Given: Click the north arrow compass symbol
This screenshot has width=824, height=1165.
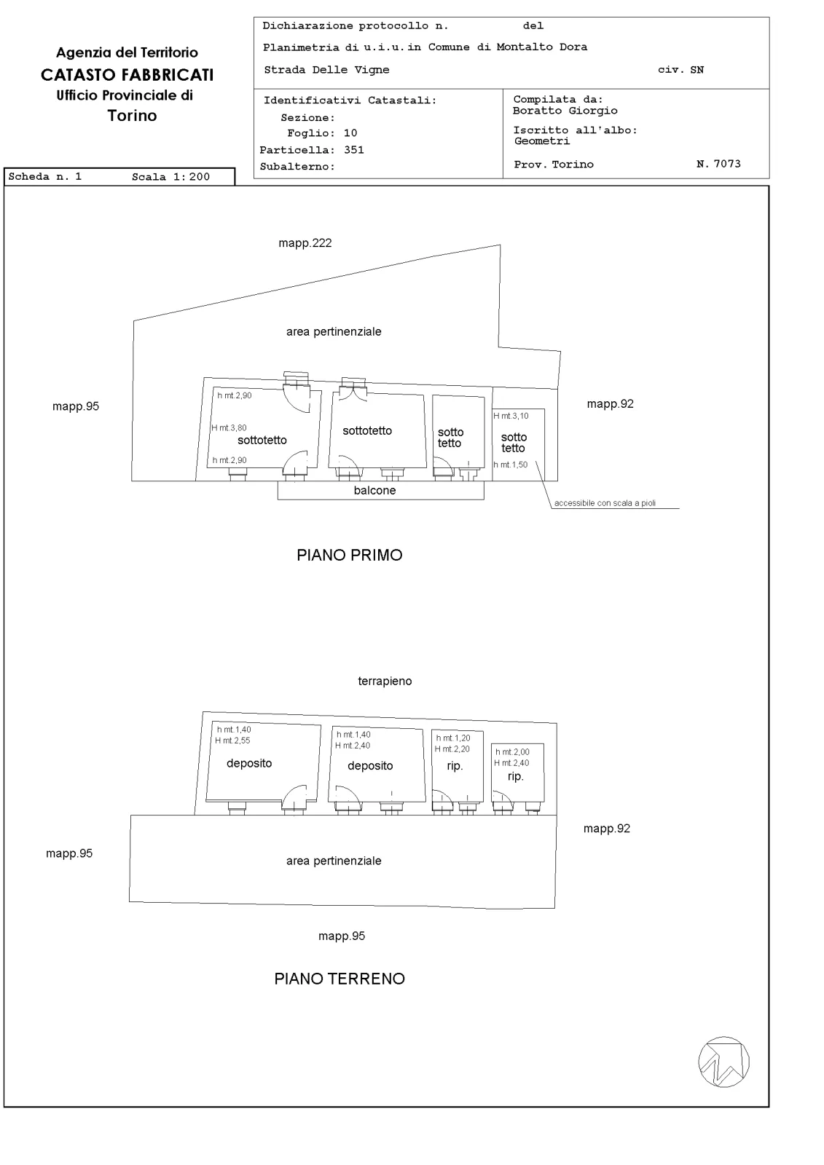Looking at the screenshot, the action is click(723, 1062).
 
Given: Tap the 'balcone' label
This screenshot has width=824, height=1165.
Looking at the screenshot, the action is click(374, 491).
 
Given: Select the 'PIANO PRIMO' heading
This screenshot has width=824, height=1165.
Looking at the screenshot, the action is click(349, 555).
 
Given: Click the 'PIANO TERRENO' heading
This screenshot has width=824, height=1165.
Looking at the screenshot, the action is click(340, 979).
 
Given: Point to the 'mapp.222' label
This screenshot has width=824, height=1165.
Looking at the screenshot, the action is click(305, 243).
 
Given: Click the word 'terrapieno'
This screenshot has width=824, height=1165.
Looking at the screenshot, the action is click(385, 681).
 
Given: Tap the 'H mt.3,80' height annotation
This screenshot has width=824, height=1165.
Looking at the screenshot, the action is click(229, 428).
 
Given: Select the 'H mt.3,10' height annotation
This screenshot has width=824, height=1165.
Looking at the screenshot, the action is click(511, 416).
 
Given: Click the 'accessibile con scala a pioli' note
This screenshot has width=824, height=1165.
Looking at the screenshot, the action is click(605, 503).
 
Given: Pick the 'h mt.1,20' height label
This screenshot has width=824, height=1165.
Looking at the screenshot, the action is click(453, 738).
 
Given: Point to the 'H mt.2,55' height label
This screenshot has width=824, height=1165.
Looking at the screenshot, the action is click(232, 741).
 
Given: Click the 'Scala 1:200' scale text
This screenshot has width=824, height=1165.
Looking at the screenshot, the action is click(170, 177).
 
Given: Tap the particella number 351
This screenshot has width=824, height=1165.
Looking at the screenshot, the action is click(354, 150).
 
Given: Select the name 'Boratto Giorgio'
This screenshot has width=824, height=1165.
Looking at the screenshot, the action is click(565, 110).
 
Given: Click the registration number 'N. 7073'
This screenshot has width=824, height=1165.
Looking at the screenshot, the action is click(718, 164).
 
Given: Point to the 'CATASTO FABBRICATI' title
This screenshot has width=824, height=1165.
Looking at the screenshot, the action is click(127, 75).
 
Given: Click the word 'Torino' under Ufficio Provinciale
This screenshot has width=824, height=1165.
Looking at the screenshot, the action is click(132, 116).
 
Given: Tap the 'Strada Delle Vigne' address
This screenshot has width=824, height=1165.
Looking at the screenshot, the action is click(326, 70).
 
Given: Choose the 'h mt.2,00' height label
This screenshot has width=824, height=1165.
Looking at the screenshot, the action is click(512, 752).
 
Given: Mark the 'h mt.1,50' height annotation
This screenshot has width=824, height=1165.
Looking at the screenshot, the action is click(511, 465).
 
